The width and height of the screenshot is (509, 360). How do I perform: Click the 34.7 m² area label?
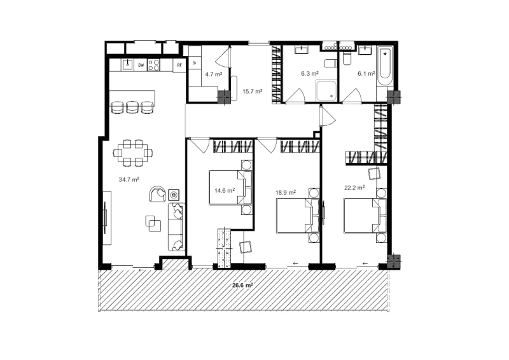[x=129, y=179]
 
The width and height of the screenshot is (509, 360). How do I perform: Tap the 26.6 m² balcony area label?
[x=242, y=286]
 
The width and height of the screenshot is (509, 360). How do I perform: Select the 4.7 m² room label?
[x=214, y=74]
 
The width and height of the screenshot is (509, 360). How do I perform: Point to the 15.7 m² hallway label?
[x=252, y=91]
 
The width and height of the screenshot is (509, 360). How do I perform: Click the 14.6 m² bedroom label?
[x=225, y=190]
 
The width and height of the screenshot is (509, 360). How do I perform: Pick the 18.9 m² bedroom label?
[x=286, y=193]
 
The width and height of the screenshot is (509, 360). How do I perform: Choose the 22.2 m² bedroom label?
[x=354, y=187]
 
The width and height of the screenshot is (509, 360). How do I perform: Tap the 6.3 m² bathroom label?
[x=310, y=74]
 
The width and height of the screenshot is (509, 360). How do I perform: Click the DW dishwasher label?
[x=141, y=66]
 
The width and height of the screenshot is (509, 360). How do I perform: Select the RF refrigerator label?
[x=179, y=66]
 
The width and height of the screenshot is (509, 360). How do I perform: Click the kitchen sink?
[x=129, y=65]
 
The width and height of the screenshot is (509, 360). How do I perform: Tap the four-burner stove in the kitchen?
[x=153, y=65]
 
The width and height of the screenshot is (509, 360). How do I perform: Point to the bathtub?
[x=386, y=66]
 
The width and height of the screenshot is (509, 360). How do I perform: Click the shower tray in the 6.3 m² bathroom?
[x=326, y=91]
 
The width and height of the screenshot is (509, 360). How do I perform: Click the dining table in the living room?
[x=133, y=153]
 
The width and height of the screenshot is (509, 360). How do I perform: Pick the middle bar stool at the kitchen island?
[x=132, y=107]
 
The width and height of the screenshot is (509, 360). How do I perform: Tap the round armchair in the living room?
[x=157, y=194]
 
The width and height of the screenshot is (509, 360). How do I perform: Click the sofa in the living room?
[x=177, y=227]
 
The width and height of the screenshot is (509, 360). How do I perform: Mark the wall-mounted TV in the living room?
[x=106, y=218]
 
